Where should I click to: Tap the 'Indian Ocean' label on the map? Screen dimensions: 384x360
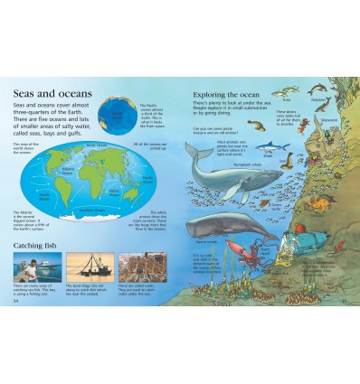115,192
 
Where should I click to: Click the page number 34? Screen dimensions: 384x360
16,302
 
